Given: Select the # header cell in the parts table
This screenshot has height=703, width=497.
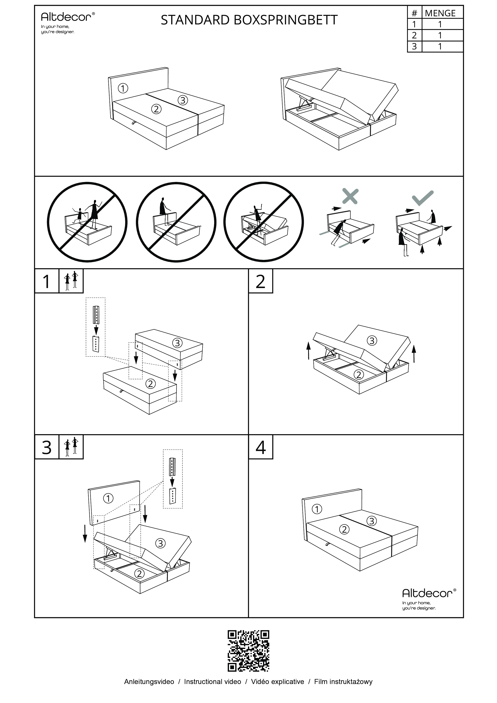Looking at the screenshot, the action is click(414, 13).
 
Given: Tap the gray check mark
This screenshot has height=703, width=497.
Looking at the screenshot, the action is click(423, 198).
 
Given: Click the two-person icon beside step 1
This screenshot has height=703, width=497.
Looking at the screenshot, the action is click(71, 281).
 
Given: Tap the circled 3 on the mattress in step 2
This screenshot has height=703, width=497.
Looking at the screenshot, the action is click(372, 340).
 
